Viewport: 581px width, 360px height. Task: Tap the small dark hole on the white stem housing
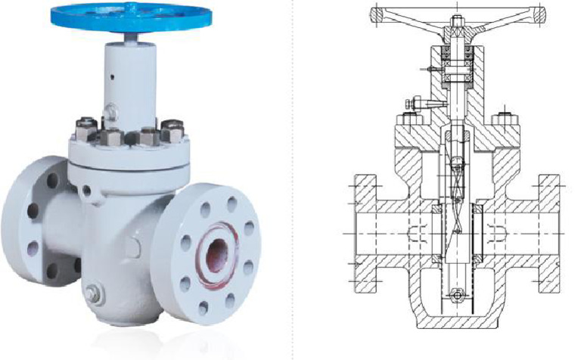coord(111,76)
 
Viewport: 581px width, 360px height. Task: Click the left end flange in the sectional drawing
coord(366,234)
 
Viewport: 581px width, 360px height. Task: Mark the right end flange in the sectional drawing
coord(548,234)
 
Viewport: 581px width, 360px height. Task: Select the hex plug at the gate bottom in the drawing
coord(457,293)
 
